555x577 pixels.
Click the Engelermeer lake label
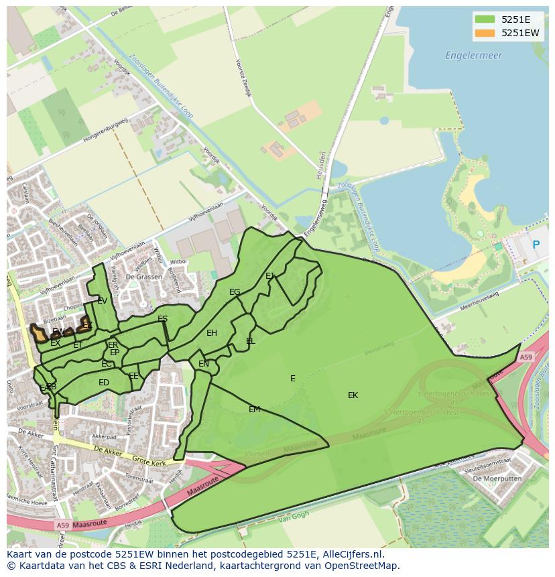click(x=473, y=56)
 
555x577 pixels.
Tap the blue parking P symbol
click(x=536, y=245)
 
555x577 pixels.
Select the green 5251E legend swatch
click(x=485, y=19)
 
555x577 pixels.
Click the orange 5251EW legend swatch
click(x=485, y=32)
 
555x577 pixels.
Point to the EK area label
click(x=353, y=395)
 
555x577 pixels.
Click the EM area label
click(x=254, y=409)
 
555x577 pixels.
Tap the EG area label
click(x=235, y=292)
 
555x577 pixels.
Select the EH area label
click(x=212, y=332)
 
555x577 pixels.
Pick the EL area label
click(x=251, y=340)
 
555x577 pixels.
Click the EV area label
click(x=102, y=301)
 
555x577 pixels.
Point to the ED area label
click(x=104, y=383)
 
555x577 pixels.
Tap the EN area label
click(x=204, y=364)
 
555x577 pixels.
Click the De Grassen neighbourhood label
click(x=139, y=277)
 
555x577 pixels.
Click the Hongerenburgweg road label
click(x=105, y=131)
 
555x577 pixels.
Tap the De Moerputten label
click(x=495, y=478)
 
